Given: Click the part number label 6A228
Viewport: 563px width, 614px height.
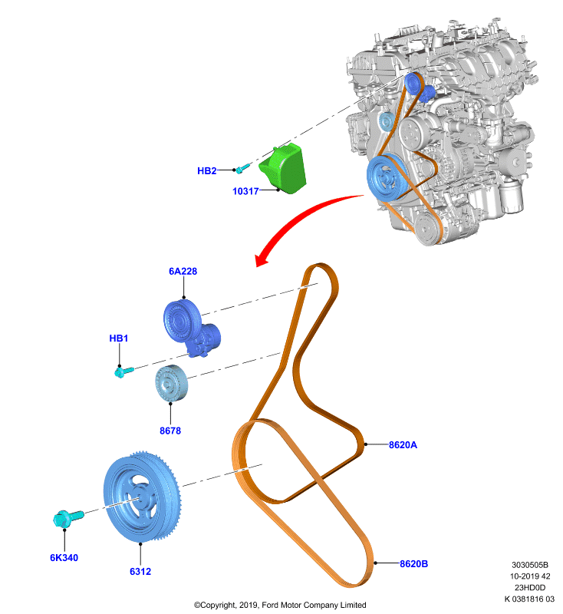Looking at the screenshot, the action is (x=183, y=272).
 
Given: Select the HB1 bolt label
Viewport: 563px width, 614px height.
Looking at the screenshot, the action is (x=119, y=338).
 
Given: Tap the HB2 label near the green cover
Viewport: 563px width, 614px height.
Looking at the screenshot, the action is (x=206, y=170).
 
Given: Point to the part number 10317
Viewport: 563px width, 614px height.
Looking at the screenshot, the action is (x=245, y=191).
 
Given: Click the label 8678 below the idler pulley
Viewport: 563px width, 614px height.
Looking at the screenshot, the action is (x=170, y=431).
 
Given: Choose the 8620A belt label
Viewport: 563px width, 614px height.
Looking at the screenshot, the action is (x=403, y=445).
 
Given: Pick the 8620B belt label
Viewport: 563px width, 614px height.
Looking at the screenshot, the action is (x=413, y=564).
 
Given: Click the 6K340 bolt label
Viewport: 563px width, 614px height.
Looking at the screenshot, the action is (x=64, y=558).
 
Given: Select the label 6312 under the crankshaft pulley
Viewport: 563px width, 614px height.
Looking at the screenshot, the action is (x=140, y=572).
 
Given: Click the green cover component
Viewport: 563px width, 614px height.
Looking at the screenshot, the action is (x=284, y=169).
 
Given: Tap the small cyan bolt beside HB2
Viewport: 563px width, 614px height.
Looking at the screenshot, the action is (x=242, y=168).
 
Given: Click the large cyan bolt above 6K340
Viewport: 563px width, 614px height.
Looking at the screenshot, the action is (x=67, y=519).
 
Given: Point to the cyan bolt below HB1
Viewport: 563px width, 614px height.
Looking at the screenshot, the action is (x=123, y=371).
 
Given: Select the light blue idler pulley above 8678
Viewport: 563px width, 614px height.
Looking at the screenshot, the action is (x=171, y=383).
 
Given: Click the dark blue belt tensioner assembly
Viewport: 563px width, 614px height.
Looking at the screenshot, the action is (x=191, y=328).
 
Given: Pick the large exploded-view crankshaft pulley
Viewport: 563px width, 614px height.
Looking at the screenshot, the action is (x=143, y=497).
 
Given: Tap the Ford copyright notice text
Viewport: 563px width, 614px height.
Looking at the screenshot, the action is (x=280, y=605).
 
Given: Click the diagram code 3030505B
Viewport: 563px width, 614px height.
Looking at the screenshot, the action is (x=530, y=565).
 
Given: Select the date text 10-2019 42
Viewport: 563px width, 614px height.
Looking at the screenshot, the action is (x=530, y=576).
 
